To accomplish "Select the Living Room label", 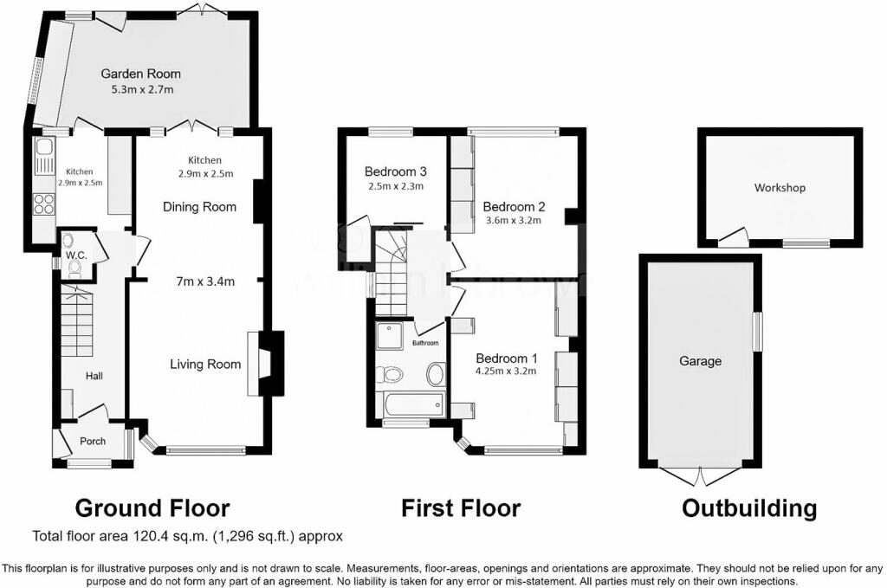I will pos(205,364).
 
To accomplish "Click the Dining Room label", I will pos(200,207).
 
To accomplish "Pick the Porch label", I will pos(93,441).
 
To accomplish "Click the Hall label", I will pos(94,376).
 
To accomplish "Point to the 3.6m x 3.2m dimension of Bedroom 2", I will pos(514,221).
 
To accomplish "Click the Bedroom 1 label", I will pos(507,358).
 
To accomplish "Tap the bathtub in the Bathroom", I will pos(411,404).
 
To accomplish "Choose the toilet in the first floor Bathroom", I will pos(390,374).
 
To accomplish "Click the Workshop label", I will pos(780,188).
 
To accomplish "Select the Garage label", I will pos(700,361).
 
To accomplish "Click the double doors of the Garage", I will pos(700,475).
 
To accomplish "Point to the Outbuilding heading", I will pos(749,508).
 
